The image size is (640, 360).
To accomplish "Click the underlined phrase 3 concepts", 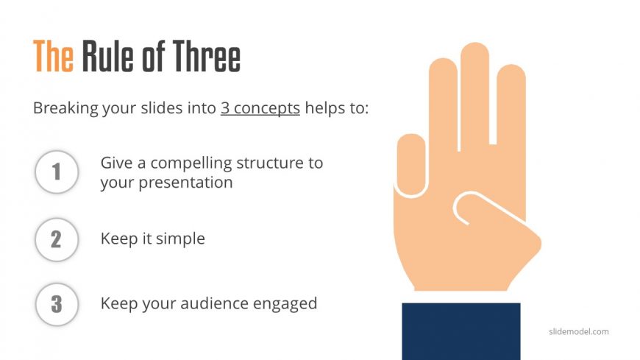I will [x=260, y=108].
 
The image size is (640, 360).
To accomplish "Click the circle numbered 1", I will [x=56, y=172].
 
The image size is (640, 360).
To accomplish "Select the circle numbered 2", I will [x=56, y=239].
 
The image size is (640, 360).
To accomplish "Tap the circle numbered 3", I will [x=56, y=303].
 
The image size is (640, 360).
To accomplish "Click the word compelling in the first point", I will [x=175, y=163].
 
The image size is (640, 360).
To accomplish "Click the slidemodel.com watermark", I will [x=579, y=331].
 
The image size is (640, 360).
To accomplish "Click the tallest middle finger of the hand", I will [x=474, y=88].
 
